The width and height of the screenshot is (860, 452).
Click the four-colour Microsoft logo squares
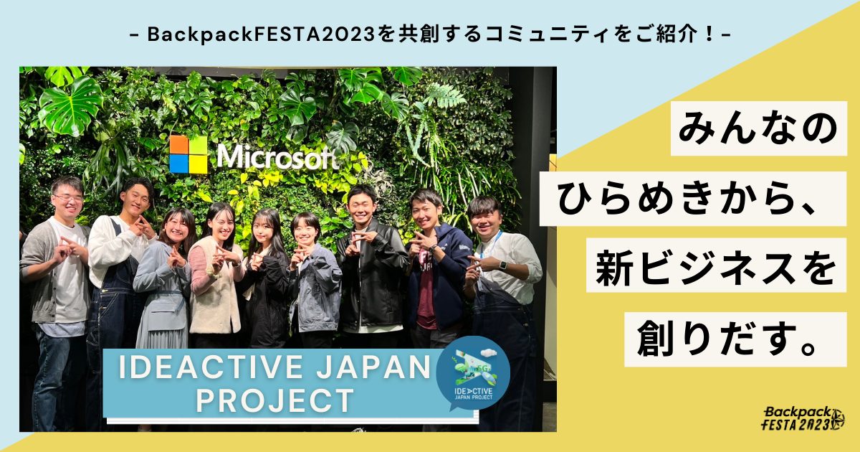(188, 154)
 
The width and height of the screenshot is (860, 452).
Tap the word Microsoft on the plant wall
(278, 157)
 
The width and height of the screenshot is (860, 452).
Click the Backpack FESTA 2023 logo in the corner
(803, 418)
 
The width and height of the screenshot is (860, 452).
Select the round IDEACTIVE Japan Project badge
(473, 372)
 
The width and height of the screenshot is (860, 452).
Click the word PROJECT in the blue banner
(275, 400)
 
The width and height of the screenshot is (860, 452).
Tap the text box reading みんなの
(759, 128)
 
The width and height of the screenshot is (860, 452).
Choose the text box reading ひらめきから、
(693, 199)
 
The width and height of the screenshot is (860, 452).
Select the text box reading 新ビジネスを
(717, 265)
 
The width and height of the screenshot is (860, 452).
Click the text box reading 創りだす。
(735, 339)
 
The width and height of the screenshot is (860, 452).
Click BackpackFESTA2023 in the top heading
(261, 34)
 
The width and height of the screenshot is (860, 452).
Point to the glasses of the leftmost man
(69, 199)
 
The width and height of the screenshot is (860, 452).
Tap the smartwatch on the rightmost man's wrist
(503, 265)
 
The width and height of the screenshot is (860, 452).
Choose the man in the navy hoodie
(438, 269)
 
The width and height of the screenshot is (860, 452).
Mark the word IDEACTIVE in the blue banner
(211, 367)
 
